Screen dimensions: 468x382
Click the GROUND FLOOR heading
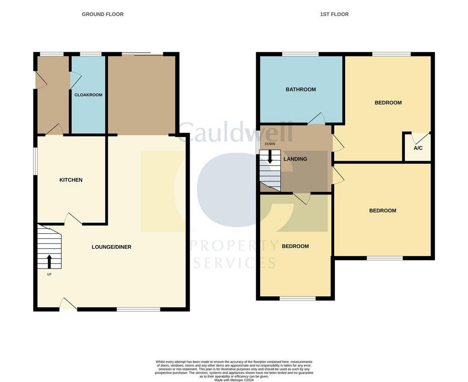pyautogui.click(x=102, y=14)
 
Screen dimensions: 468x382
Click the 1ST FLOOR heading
pyautogui.click(x=334, y=14)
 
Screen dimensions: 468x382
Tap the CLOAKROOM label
pyautogui.click(x=88, y=95)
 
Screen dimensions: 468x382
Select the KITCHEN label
pyautogui.click(x=71, y=180)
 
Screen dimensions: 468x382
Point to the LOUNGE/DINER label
pyautogui.click(x=112, y=247)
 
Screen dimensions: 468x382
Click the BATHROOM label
pyautogui.click(x=301, y=89)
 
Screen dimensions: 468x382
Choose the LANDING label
pyautogui.click(x=295, y=159)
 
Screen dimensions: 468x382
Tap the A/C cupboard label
pyautogui.click(x=418, y=148)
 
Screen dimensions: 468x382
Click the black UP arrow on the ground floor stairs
pyautogui.click(x=49, y=262)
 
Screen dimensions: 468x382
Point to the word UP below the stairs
pyautogui.click(x=49, y=274)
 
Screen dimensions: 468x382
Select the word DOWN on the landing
pyautogui.click(x=270, y=144)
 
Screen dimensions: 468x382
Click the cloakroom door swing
pyautogui.click(x=75, y=80)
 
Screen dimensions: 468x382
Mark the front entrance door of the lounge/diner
pyautogui.click(x=69, y=304)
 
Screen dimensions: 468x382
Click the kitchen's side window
pyautogui.click(x=35, y=161)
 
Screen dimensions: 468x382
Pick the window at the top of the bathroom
pyautogui.click(x=301, y=54)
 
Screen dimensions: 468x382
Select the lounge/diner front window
pyautogui.click(x=138, y=309)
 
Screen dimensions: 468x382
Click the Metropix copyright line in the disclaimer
pyautogui.click(x=234, y=380)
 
